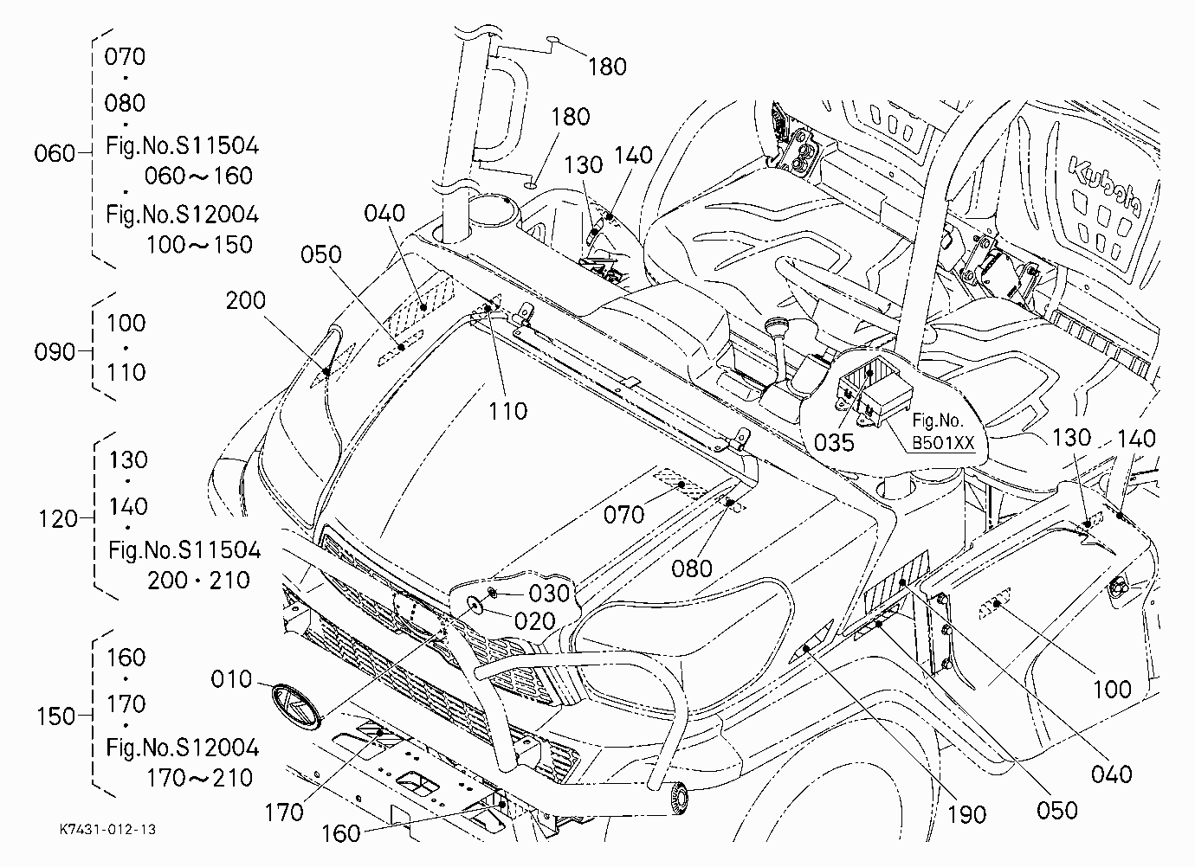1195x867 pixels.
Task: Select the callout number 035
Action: point(834,442)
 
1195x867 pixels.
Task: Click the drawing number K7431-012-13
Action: point(107,829)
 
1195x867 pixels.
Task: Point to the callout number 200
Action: point(245,301)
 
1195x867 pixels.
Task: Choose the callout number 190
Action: point(966,815)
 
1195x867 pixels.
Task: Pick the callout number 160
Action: point(341,833)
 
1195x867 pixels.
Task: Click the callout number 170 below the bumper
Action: point(284,812)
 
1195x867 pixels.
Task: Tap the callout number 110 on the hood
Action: point(507,411)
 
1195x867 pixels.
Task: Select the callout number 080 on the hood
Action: point(692,569)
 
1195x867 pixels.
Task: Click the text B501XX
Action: point(943,443)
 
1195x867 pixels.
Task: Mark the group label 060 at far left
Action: point(55,153)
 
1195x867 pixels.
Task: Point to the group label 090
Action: point(55,352)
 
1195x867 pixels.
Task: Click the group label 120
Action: point(58,519)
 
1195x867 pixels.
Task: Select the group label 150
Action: point(55,716)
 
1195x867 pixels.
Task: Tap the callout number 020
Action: point(535,621)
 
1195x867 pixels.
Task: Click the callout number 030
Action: point(550,593)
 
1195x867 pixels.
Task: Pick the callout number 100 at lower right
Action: point(1113,690)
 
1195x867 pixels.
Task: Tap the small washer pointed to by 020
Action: point(475,605)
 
